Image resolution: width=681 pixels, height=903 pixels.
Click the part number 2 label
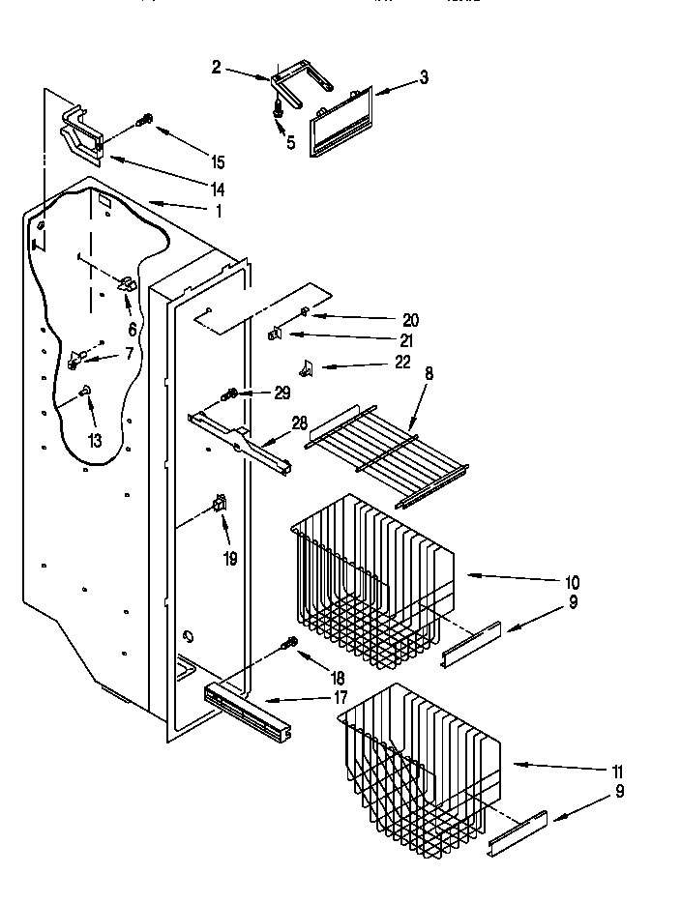click(x=216, y=67)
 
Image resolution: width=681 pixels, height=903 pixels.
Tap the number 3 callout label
click(x=423, y=78)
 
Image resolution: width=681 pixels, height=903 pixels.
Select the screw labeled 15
click(x=146, y=120)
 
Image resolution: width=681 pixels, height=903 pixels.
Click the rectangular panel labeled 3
click(x=340, y=119)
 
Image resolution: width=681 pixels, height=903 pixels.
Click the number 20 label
click(x=412, y=320)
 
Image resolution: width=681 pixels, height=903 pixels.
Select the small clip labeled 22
click(x=308, y=367)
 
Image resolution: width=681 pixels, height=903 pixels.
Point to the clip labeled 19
click(x=220, y=503)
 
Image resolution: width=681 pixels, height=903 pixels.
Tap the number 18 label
click(x=338, y=679)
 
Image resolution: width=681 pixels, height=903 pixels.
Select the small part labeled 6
click(x=126, y=284)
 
